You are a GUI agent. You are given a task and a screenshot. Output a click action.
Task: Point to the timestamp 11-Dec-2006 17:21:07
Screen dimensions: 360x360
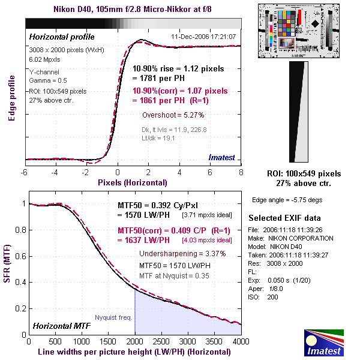203,37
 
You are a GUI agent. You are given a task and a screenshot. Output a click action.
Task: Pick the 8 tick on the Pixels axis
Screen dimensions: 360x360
241,172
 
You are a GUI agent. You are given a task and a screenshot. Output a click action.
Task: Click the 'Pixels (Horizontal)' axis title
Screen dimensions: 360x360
132,181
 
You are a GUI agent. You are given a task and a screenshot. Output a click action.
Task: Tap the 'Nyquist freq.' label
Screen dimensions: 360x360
113,318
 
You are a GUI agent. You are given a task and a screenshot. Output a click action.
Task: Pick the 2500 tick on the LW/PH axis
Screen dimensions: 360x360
161,341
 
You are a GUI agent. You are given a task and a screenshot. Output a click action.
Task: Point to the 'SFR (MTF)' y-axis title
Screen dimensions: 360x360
10,267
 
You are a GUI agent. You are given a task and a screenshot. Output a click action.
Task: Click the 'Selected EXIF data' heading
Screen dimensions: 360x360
284,218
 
